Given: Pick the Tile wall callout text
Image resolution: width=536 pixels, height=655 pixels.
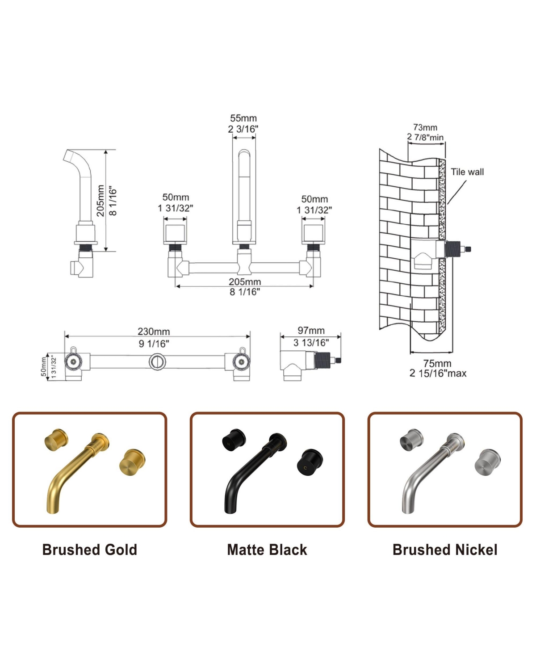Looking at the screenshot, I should (467, 172).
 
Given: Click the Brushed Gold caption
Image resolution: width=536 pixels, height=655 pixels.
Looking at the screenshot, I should (89, 550).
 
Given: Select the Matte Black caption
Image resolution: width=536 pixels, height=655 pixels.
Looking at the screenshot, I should (267, 550).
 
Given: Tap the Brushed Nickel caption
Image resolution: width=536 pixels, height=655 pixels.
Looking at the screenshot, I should (445, 550).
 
